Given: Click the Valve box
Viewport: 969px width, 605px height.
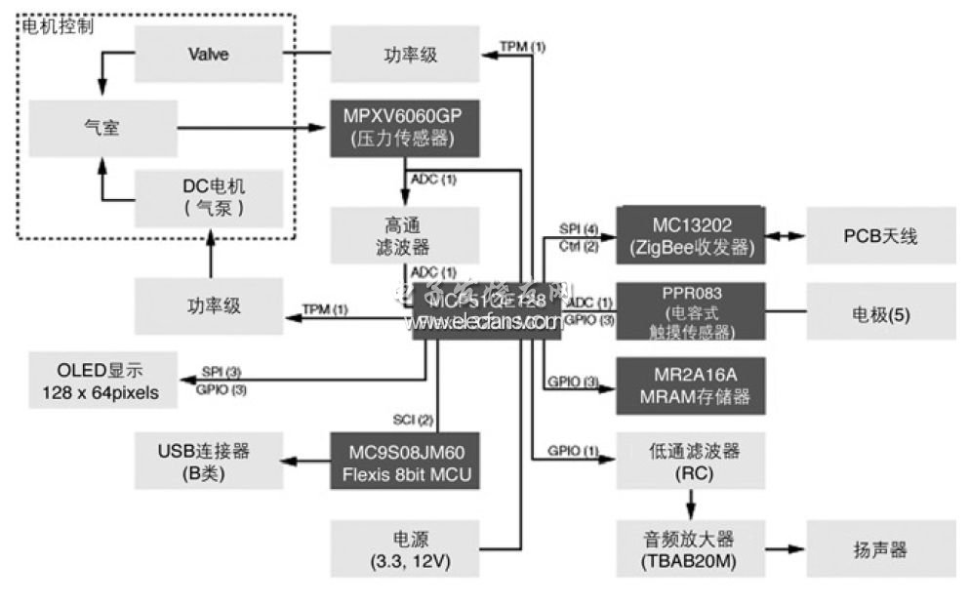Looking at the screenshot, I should [x=208, y=55].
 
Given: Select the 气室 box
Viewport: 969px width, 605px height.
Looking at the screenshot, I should [x=102, y=127].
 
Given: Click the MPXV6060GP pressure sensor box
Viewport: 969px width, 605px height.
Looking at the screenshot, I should [x=404, y=127].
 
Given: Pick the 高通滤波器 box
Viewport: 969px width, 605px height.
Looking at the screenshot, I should [x=404, y=235].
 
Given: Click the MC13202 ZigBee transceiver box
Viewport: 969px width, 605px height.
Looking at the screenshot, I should [x=690, y=235].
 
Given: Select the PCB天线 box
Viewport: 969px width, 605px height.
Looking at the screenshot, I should [x=880, y=235].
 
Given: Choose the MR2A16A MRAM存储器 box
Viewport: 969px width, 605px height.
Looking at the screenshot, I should [x=690, y=386].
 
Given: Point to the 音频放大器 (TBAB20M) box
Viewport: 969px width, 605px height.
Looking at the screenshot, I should [x=690, y=549].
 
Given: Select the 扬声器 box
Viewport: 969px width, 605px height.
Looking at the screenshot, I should [x=880, y=549].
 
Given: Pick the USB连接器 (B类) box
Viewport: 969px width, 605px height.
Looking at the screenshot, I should [x=208, y=462].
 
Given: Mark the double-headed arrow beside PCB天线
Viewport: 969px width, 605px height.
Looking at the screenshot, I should [x=785, y=235].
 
